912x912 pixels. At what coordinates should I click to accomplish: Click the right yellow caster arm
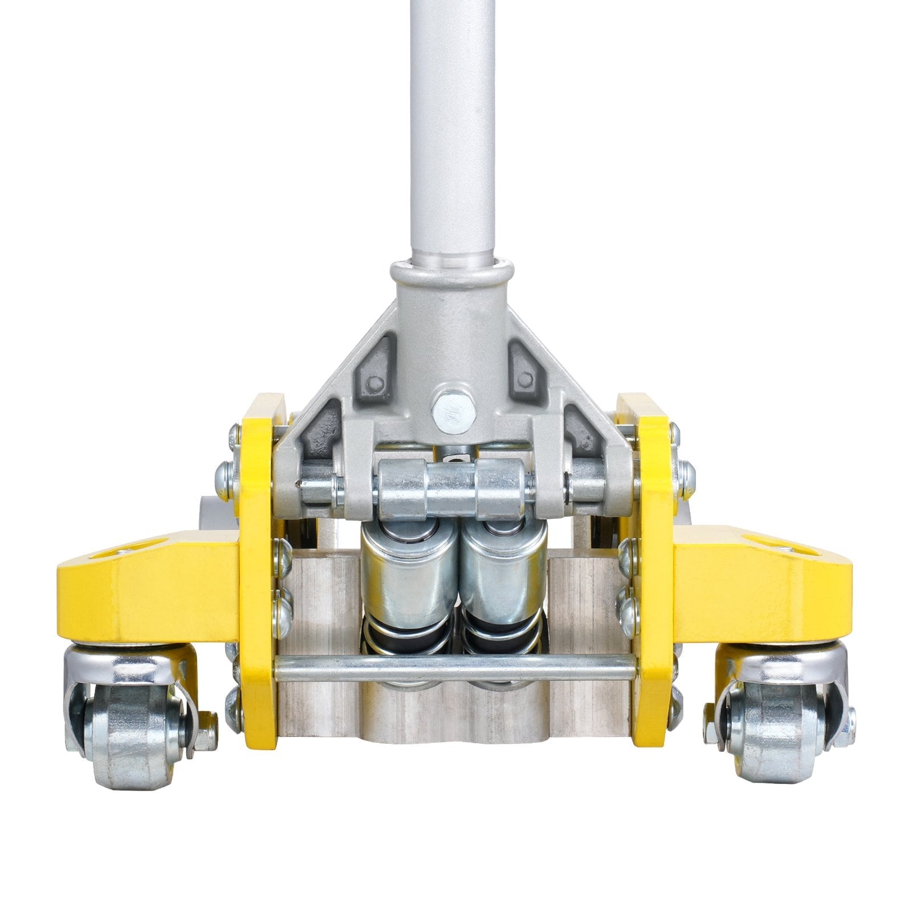758,593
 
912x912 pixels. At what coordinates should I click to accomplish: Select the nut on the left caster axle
206,732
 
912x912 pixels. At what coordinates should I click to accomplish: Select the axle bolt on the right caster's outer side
848,727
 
